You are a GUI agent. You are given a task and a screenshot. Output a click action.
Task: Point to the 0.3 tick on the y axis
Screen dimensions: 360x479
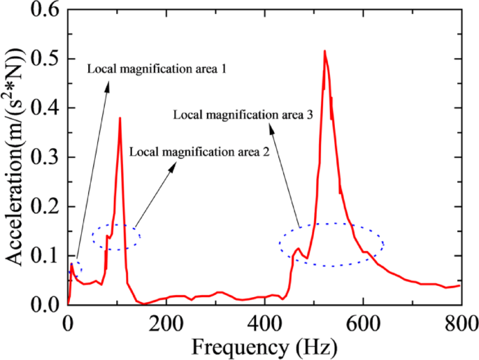pos(48,157)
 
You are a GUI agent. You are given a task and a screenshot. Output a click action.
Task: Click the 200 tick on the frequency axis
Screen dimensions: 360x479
pos(166,323)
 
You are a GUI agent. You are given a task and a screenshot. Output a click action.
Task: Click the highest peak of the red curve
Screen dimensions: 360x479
pos(324,51)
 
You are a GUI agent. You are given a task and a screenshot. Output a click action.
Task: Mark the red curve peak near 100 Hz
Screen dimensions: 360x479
pos(120,118)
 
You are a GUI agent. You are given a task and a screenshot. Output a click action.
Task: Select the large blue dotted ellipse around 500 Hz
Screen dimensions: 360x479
pos(331,244)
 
